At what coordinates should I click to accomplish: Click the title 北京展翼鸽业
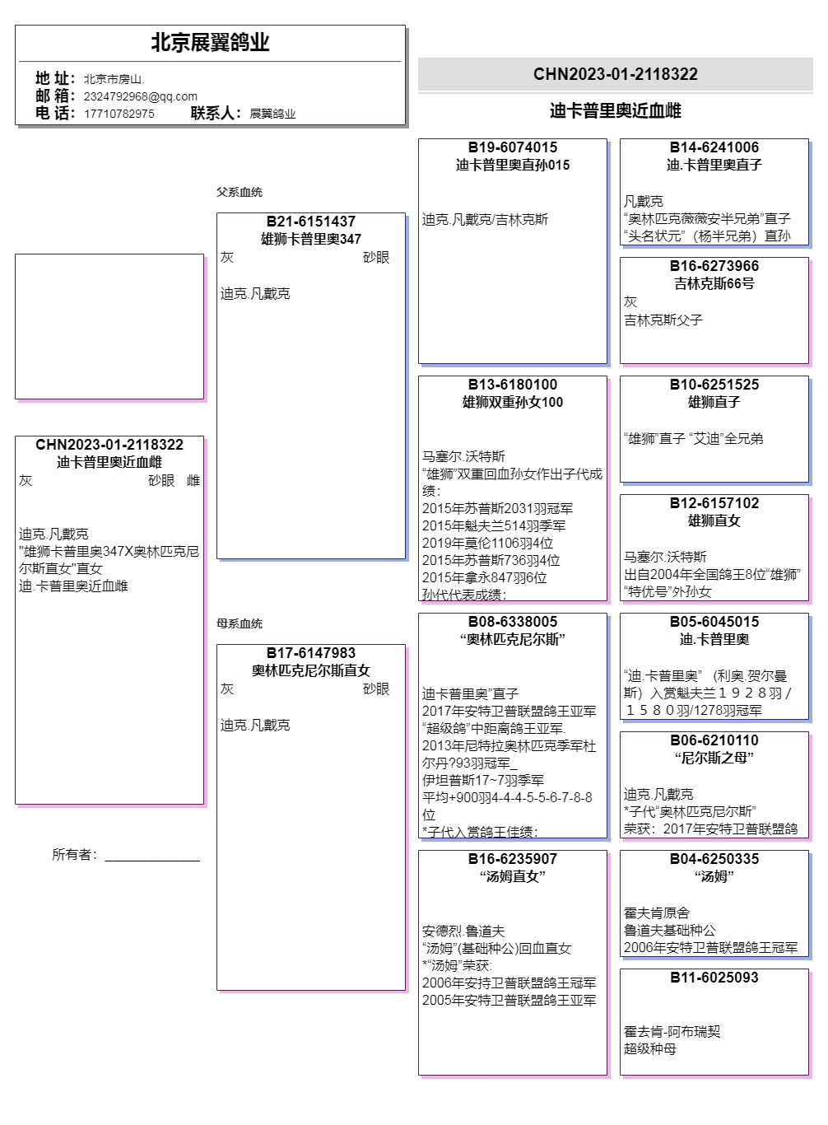(210, 43)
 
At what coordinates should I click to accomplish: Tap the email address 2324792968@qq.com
(140, 96)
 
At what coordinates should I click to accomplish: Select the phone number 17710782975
(119, 114)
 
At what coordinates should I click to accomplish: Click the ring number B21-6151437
(310, 222)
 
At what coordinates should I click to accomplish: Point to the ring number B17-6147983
(310, 653)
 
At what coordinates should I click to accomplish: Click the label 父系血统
(239, 192)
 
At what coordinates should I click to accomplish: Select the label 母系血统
(239, 623)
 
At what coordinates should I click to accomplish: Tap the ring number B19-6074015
(512, 147)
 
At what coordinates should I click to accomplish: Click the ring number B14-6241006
(714, 147)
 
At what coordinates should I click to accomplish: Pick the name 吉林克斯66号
(714, 283)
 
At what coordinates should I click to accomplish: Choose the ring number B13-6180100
(512, 385)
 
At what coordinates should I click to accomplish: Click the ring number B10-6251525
(714, 385)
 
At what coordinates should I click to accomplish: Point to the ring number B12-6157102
(714, 503)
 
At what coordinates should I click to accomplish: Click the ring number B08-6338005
(512, 622)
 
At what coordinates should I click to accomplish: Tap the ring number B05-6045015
(714, 622)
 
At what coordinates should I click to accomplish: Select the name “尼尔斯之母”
(714, 758)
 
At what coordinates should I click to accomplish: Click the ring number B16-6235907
(512, 859)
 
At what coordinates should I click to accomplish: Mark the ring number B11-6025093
(714, 978)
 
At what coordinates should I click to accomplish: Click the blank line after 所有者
(152, 857)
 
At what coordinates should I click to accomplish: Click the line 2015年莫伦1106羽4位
(487, 543)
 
